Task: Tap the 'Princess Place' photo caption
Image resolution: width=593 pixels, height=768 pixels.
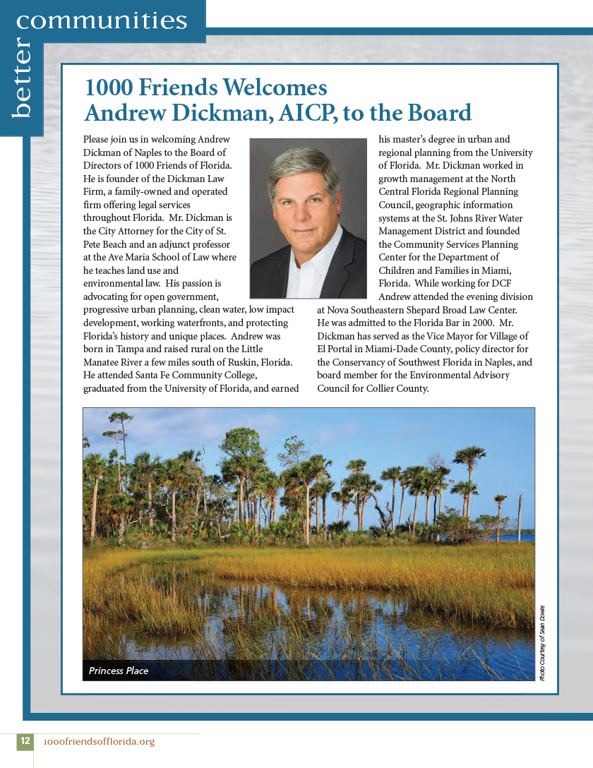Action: tap(119, 671)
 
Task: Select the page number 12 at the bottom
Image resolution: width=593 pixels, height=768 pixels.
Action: tap(25, 741)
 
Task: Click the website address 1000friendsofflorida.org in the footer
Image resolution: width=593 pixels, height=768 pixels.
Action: tap(99, 742)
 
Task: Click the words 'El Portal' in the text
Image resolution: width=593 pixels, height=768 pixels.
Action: tap(337, 349)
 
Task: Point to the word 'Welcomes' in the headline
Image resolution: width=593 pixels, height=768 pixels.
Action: tap(275, 88)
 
